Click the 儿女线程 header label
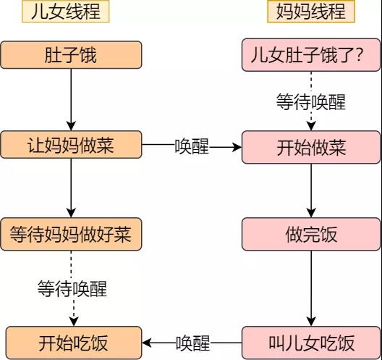(x=69, y=12)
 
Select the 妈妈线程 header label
(x=311, y=12)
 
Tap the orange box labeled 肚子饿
(x=70, y=55)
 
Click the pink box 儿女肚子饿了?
(x=311, y=55)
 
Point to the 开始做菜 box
(x=311, y=147)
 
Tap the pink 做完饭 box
(x=311, y=235)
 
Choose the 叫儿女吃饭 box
(x=311, y=342)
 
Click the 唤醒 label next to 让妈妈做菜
(x=192, y=147)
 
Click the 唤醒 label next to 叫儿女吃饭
(x=192, y=342)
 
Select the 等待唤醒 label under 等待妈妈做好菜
(x=72, y=289)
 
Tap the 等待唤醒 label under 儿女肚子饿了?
(x=311, y=101)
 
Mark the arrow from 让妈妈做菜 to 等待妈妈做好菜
(x=71, y=189)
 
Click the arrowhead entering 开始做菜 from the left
(x=235, y=147)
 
